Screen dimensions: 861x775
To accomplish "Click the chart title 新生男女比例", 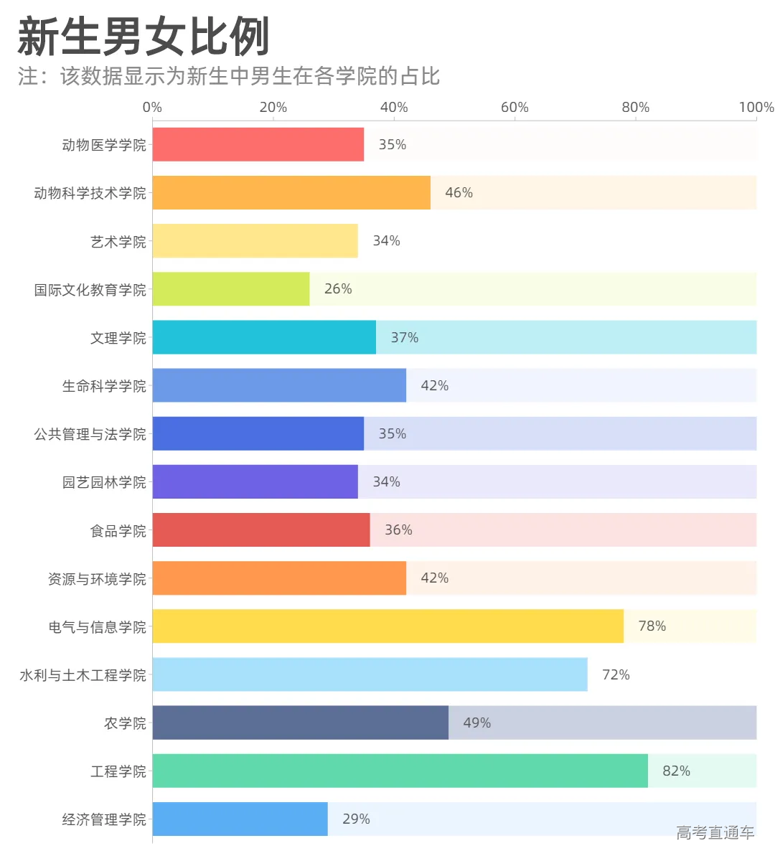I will (x=144, y=37).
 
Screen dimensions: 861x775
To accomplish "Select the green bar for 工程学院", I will (x=400, y=771).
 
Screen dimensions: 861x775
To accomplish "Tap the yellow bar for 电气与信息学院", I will (x=387, y=626).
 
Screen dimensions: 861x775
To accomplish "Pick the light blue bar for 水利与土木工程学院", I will (x=370, y=674).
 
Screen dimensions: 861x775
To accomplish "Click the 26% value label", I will (x=338, y=289).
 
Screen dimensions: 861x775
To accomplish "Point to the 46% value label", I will (x=459, y=193).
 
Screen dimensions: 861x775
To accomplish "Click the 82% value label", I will (x=676, y=771).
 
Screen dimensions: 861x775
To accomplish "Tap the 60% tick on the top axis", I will (x=515, y=108).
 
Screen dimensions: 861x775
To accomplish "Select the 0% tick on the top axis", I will (x=152, y=108).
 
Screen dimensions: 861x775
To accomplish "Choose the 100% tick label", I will (x=756, y=108).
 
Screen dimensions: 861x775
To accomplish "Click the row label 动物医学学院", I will (x=104, y=145).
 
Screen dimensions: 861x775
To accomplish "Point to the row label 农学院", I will (x=125, y=723).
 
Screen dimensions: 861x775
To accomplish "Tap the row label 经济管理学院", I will (x=104, y=819).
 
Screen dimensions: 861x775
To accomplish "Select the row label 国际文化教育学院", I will (x=90, y=290).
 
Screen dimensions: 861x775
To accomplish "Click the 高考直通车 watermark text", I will (x=715, y=832).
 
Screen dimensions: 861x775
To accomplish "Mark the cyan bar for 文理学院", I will (x=264, y=337).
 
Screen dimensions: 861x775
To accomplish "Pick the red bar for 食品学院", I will (x=261, y=530).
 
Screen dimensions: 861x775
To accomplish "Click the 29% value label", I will (x=356, y=819).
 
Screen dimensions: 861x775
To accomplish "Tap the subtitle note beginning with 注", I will (x=229, y=77).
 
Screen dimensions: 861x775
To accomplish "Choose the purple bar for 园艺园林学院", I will (x=255, y=482).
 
